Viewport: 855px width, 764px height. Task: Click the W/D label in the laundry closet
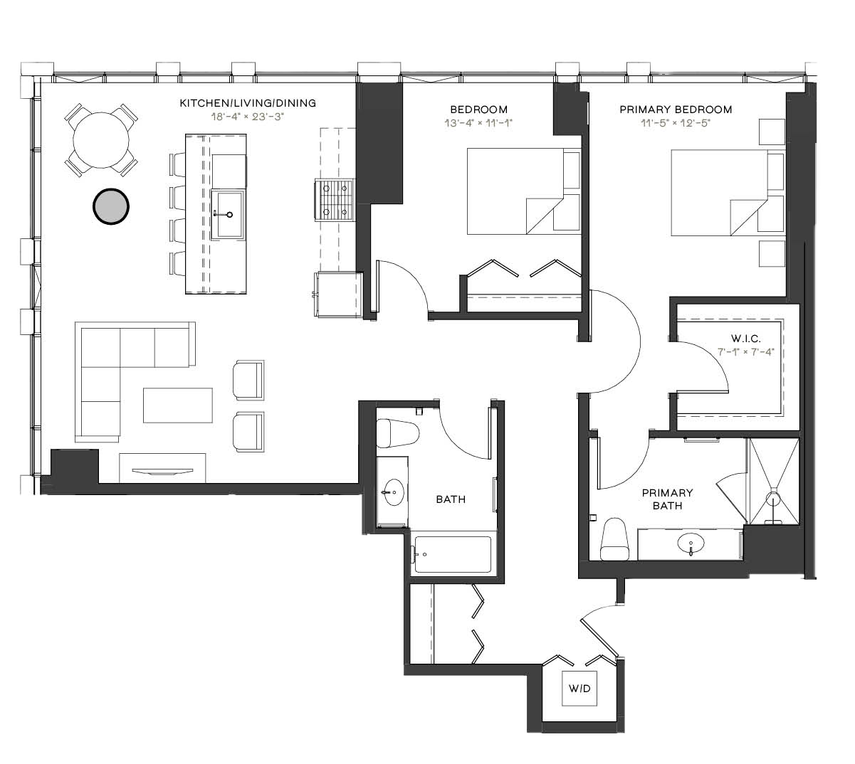click(579, 689)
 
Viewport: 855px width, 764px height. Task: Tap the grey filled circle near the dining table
click(110, 206)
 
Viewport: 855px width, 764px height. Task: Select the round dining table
click(101, 140)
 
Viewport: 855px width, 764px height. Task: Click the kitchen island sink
click(228, 215)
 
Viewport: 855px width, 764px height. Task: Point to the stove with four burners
click(335, 200)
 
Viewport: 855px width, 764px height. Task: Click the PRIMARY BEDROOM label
click(676, 110)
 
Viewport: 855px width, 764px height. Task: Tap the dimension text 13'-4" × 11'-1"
click(478, 123)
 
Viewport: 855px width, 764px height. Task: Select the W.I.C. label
click(745, 338)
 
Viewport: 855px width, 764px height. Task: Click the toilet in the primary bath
click(614, 539)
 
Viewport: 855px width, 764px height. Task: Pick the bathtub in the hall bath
click(453, 554)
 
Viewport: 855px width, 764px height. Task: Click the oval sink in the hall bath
click(393, 492)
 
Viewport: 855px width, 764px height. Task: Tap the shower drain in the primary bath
click(772, 501)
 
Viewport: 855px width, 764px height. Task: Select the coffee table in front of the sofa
click(178, 405)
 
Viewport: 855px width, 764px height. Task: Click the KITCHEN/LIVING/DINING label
click(248, 103)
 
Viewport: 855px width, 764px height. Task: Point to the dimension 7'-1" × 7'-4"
click(745, 351)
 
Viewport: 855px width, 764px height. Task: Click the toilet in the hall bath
click(397, 433)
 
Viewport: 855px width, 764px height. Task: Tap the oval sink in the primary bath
click(691, 543)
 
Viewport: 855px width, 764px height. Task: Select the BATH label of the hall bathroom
click(451, 499)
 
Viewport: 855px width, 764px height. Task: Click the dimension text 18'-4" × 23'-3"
click(248, 117)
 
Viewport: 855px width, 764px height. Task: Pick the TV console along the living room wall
click(162, 468)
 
